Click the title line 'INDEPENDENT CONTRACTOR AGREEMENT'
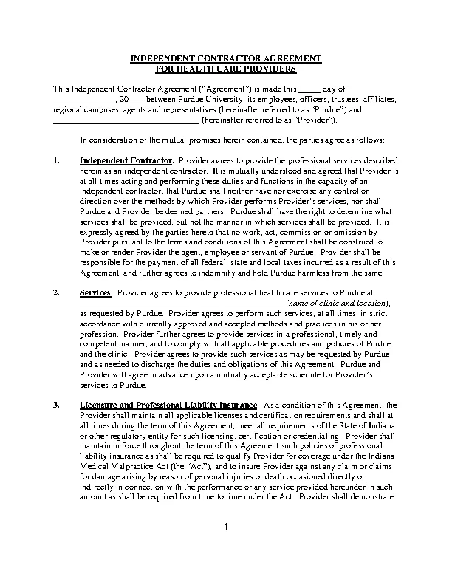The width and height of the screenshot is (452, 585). (x=225, y=58)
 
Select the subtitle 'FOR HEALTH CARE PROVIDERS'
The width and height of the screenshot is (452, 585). (x=225, y=68)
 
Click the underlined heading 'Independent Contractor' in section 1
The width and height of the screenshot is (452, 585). (x=126, y=160)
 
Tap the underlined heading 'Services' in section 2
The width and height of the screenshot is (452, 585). (x=95, y=293)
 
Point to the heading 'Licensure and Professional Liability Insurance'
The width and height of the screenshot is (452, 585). (x=168, y=406)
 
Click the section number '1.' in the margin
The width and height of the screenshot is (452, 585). (x=57, y=160)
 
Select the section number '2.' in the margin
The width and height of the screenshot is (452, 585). (x=57, y=293)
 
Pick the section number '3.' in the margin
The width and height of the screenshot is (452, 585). (x=57, y=406)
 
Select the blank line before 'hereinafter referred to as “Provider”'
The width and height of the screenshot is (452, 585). (x=126, y=120)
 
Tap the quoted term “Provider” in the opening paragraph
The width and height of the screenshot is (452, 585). (x=317, y=120)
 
